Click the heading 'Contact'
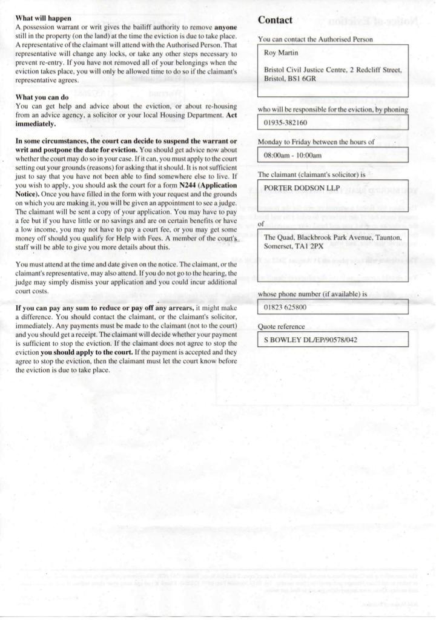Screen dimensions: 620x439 pos(275,20)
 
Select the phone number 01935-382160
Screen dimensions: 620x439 pos(286,123)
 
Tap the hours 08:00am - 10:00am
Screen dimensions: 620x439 pos(292,156)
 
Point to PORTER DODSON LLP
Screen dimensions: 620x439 pos(299,188)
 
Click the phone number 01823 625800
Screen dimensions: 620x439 pos(285,308)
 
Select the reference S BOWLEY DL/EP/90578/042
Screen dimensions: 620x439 pos(311,340)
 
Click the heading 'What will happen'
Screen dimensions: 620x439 pos(43,19)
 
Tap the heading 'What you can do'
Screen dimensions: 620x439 pos(42,97)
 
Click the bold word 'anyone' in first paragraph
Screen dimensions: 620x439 pos(225,27)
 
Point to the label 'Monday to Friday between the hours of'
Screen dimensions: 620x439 pos(315,142)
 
